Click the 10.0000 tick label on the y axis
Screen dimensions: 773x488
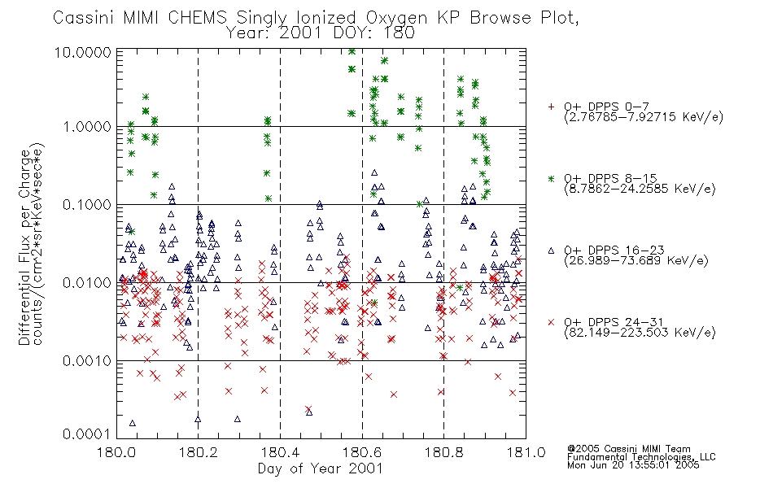(x=82, y=52)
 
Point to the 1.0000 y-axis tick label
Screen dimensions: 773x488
(x=87, y=127)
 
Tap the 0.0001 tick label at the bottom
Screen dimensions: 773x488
(x=87, y=434)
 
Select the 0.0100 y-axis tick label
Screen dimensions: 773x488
(x=87, y=283)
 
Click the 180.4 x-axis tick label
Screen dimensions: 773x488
(x=281, y=452)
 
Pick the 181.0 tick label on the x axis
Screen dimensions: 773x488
(x=526, y=452)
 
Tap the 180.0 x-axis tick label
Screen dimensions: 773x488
(x=117, y=452)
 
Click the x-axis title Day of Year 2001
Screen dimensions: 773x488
(x=321, y=468)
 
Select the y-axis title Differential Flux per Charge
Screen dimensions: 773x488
(x=25, y=247)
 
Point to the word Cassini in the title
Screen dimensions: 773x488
(x=83, y=18)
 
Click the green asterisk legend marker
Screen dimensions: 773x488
(x=551, y=178)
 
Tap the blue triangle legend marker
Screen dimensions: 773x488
(x=551, y=251)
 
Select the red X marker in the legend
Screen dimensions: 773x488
(x=551, y=322)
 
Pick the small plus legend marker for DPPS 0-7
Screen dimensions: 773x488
(x=551, y=107)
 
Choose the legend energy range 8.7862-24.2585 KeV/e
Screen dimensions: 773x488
(x=640, y=189)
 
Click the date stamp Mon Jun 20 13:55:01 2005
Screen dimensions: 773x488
(x=633, y=465)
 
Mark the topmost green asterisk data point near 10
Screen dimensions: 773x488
(x=352, y=51)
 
